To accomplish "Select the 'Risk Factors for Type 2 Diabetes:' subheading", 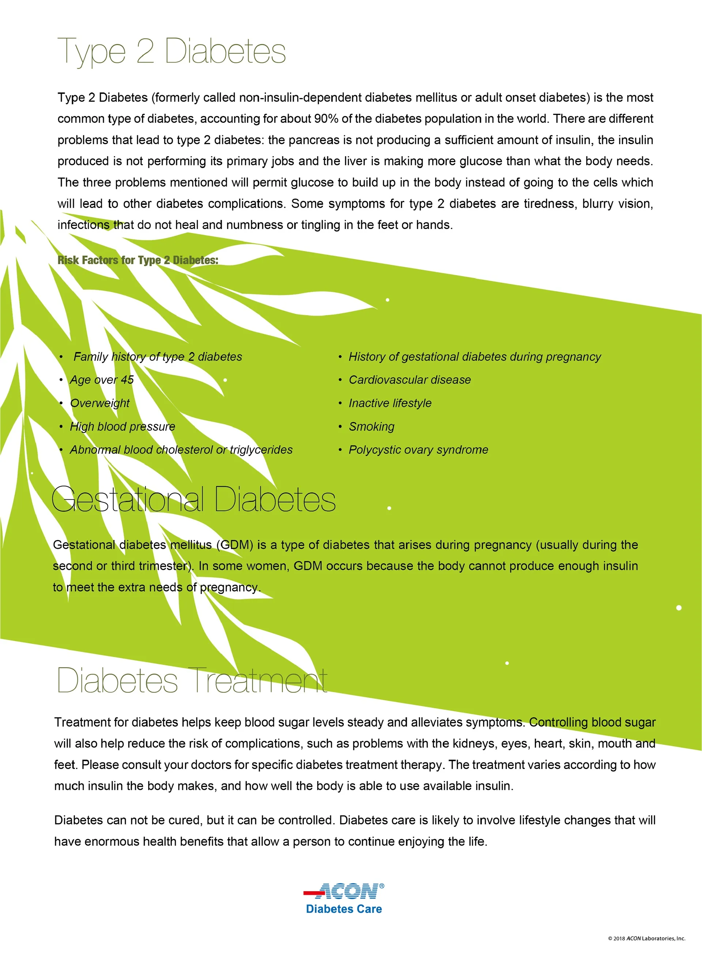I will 138,260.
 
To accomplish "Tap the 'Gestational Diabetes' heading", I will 193,499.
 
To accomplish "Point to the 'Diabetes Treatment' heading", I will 192,680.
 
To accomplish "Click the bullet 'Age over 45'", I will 102,380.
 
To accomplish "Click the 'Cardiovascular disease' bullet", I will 409,380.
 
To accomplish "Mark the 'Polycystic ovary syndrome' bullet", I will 418,450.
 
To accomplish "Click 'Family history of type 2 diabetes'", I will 158,357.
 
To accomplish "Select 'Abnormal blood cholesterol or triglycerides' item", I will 181,450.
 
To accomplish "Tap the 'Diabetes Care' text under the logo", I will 344,909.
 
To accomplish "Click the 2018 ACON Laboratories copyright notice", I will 646,938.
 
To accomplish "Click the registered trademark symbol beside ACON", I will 382,886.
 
